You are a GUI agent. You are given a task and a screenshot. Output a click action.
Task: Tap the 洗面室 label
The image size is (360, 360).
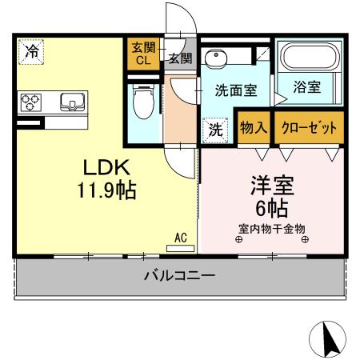click(235, 90)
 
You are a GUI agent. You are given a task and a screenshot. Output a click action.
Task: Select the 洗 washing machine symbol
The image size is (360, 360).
click(215, 130)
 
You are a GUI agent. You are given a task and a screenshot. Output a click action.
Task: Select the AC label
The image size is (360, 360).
click(181, 238)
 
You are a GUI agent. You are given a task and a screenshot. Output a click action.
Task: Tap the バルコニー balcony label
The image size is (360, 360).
click(179, 276)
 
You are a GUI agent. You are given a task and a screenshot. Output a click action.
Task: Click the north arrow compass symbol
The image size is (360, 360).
click(328, 339)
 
